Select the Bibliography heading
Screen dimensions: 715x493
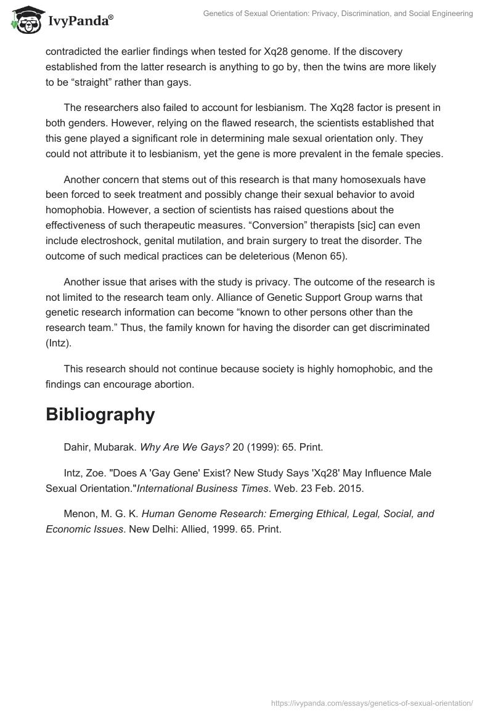100,414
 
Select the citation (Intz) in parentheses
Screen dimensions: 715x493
59,343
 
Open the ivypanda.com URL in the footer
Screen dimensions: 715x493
372,702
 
